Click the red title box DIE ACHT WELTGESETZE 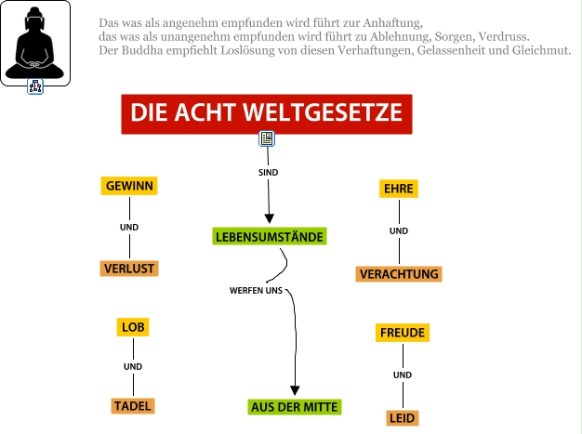(266, 113)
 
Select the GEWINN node (129, 186)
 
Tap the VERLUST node (129, 269)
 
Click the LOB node (134, 327)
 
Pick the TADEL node (133, 405)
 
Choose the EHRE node (399, 189)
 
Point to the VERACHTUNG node (399, 274)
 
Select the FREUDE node (403, 333)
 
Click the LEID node (403, 418)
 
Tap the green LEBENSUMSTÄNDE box (270, 237)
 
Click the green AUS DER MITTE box (295, 406)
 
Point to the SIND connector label (268, 173)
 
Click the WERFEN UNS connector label (256, 291)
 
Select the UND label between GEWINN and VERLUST (129, 228)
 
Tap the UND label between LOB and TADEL (133, 367)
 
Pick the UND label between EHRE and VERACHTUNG (399, 231)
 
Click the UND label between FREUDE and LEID (403, 375)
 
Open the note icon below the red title (267, 139)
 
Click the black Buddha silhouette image (35, 42)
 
